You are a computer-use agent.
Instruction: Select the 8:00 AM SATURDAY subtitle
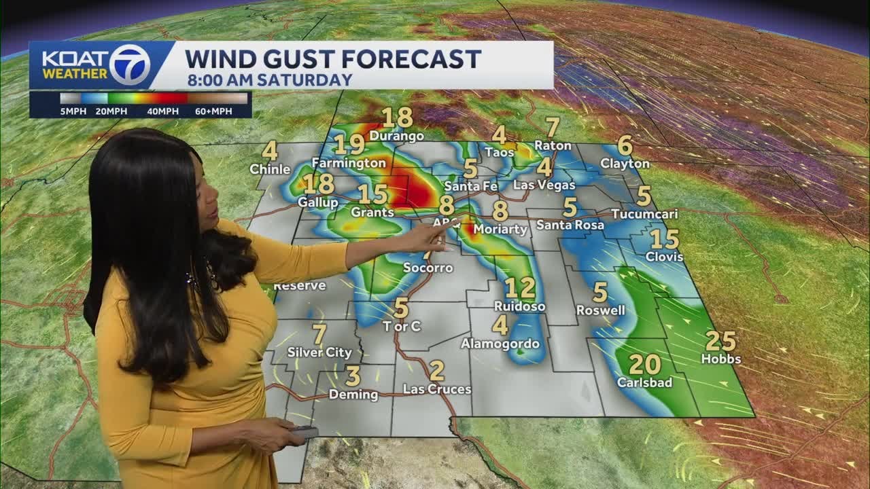(x=270, y=79)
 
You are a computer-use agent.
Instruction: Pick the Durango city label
(x=397, y=136)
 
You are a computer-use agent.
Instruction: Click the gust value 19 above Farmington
(x=349, y=145)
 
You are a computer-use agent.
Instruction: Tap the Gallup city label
(x=317, y=202)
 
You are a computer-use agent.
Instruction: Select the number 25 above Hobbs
(x=721, y=341)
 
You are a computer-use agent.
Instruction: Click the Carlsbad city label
(x=644, y=382)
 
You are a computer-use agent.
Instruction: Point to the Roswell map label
(x=600, y=310)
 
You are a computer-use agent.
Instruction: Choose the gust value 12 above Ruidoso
(x=519, y=288)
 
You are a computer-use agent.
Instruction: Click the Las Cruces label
(x=437, y=389)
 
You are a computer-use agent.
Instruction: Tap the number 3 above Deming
(x=353, y=376)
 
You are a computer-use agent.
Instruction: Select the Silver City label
(x=319, y=352)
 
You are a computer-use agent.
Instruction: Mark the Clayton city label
(x=625, y=164)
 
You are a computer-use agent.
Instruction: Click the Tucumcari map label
(x=644, y=214)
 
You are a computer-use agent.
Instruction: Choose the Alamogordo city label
(x=500, y=344)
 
